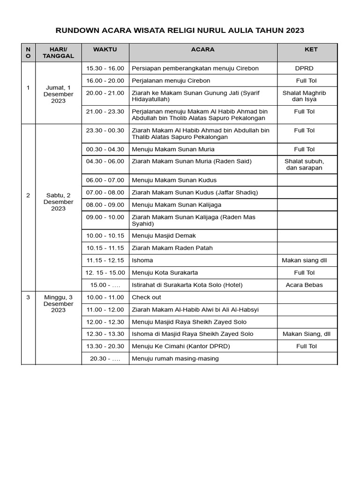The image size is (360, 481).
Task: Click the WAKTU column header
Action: click(105, 49)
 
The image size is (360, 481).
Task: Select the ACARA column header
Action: click(203, 49)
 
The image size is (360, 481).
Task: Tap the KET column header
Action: click(311, 49)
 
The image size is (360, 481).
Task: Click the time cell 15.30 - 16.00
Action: click(105, 69)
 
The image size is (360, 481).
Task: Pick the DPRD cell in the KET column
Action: click(304, 69)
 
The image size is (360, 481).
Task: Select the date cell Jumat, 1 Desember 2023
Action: click(59, 94)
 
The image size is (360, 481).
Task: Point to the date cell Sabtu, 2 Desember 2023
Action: click(59, 202)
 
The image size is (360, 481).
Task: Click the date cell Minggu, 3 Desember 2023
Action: click(59, 303)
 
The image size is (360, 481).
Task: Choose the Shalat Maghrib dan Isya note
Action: click(304, 96)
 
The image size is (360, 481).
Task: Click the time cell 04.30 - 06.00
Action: click(105, 162)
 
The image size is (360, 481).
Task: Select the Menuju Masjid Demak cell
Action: click(164, 236)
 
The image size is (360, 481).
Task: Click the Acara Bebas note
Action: click(304, 285)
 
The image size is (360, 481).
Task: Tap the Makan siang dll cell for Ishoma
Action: click(304, 260)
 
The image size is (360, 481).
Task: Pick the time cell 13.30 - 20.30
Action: click(105, 346)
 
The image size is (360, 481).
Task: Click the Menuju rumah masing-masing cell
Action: click(175, 358)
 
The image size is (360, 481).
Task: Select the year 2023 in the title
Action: click(292, 31)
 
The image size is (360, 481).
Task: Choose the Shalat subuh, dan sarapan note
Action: click(304, 164)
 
